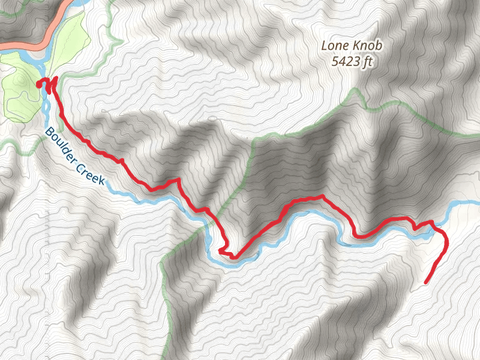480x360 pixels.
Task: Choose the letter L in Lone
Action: (x=325, y=46)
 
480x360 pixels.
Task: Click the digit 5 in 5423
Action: (x=335, y=61)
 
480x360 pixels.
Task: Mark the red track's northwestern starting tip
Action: (x=39, y=85)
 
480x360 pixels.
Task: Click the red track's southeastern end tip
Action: (x=426, y=282)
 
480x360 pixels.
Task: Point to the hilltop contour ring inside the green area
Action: (x=22, y=79)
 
